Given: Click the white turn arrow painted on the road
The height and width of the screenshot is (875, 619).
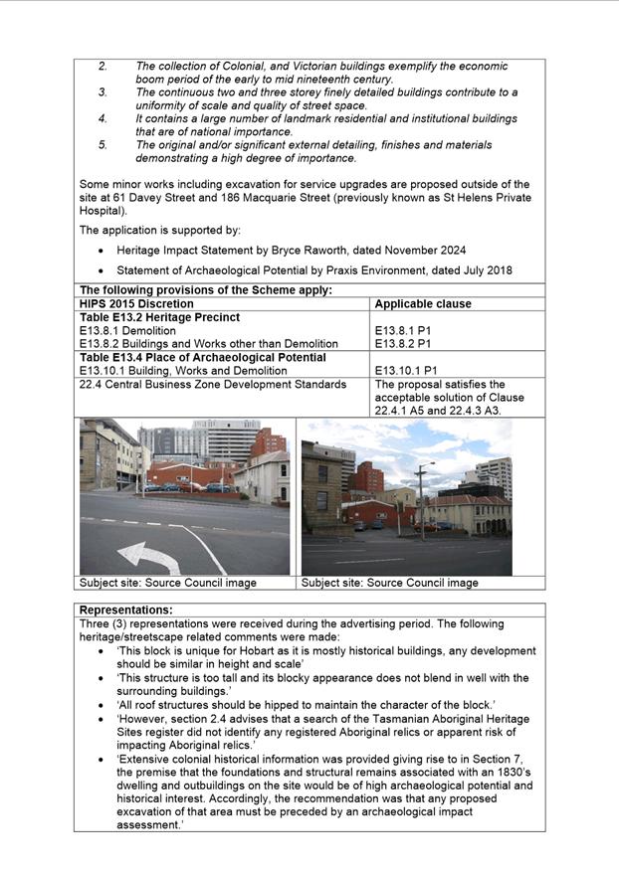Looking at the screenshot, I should tap(149, 555).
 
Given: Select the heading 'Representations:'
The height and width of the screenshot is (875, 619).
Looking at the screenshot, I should tap(125, 610).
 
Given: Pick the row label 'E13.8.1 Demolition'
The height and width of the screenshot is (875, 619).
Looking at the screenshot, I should tap(127, 330).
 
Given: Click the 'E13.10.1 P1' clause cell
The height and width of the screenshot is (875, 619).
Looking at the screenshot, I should tap(408, 371).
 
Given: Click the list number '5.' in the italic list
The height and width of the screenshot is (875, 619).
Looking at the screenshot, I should tap(103, 145).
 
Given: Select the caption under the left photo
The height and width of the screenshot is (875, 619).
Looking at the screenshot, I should tap(167, 583).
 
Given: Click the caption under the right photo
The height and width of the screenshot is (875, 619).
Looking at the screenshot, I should tap(389, 583).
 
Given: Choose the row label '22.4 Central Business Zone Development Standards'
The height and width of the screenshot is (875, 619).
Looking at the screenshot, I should tap(213, 384).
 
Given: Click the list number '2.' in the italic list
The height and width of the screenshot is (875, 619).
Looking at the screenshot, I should tap(103, 66).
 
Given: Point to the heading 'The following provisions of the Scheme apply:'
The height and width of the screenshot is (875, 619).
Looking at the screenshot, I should tap(205, 290).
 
